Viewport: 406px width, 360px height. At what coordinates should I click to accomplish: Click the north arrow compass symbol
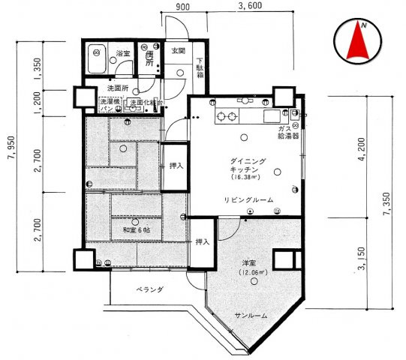(x=359, y=43)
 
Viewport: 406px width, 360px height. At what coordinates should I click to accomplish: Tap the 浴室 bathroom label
(x=124, y=54)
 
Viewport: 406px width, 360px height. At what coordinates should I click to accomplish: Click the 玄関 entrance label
(x=177, y=51)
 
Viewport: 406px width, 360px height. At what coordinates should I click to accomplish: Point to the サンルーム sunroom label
(x=250, y=316)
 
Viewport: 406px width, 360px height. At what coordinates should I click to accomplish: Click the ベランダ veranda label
(x=150, y=288)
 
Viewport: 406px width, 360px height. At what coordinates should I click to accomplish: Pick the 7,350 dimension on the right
(x=385, y=202)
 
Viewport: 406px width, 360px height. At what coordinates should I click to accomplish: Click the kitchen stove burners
(x=227, y=115)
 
